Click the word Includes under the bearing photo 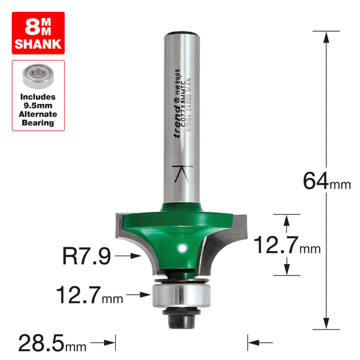point(38,96)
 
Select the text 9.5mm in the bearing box point(38,105)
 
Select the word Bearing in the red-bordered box point(38,123)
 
